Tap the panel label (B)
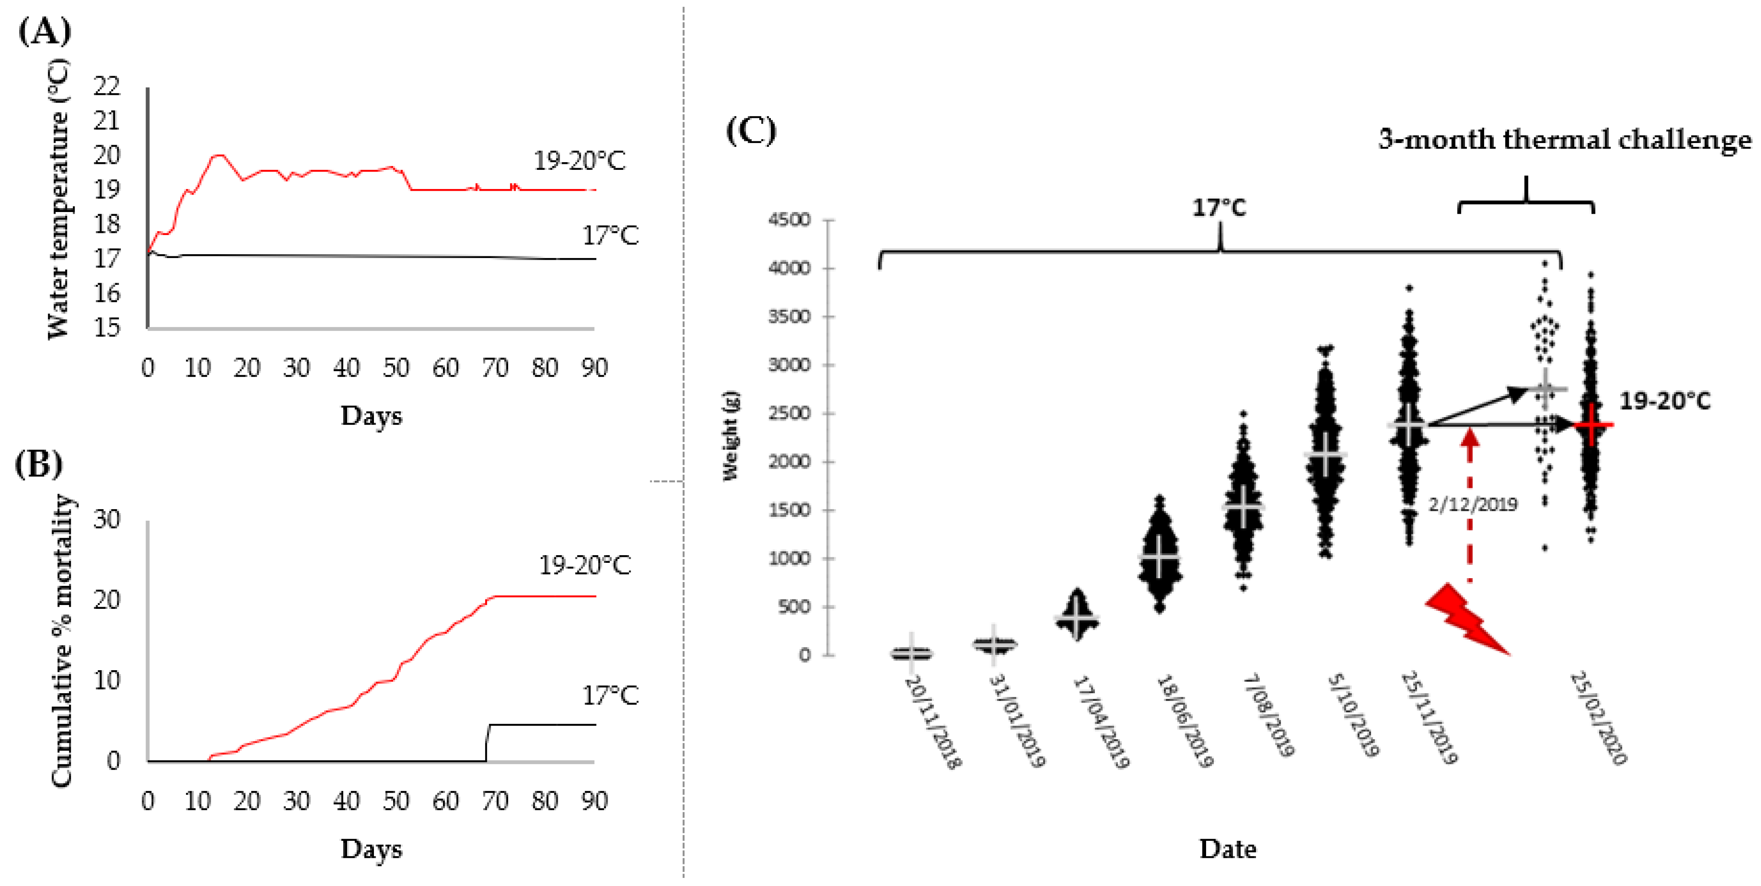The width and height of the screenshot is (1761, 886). pos(38,464)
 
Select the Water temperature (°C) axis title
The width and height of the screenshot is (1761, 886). pos(59,198)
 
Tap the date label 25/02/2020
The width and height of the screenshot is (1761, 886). pos(1598,718)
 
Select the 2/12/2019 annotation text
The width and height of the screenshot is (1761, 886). pos(1473,505)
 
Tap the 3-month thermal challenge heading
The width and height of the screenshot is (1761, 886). pos(1565,140)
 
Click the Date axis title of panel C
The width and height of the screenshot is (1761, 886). pos(1228,849)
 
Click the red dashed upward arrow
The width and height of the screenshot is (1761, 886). pos(1470,506)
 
